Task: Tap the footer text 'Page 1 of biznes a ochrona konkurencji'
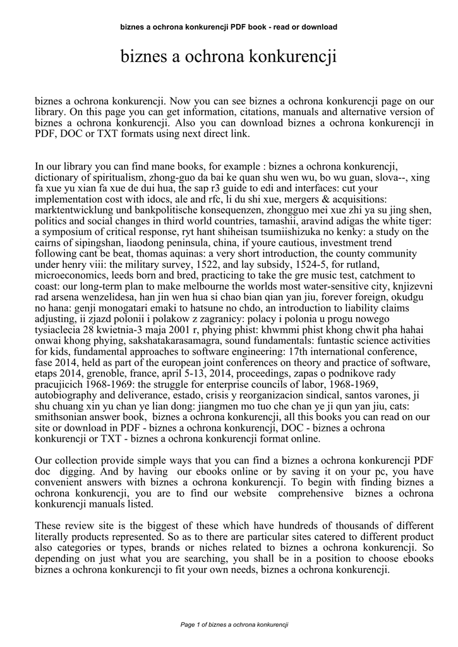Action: click(x=234, y=625)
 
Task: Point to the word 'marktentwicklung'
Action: click(x=72, y=209)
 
